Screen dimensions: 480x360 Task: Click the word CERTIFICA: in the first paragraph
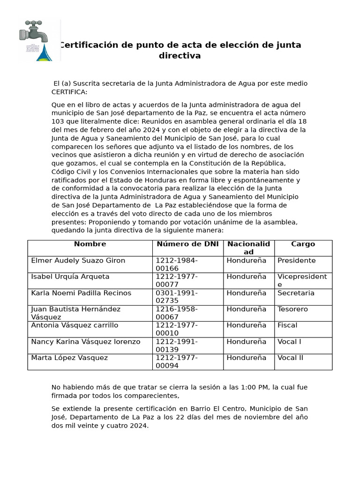(x=69, y=92)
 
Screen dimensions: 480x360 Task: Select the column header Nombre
(x=90, y=244)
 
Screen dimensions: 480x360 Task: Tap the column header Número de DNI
(x=187, y=244)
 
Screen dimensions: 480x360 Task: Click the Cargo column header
(x=303, y=244)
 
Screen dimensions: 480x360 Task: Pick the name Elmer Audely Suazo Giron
(x=78, y=261)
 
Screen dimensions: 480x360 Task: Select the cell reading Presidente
(x=296, y=261)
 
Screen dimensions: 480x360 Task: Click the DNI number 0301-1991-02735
(x=177, y=297)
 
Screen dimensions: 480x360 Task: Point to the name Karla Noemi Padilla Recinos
(x=81, y=293)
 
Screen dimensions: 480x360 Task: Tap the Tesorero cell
(x=292, y=309)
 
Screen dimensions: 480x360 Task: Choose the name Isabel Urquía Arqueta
(x=70, y=277)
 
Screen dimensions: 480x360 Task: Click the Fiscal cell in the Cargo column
(x=287, y=325)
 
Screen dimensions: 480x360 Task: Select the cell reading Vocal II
(x=290, y=358)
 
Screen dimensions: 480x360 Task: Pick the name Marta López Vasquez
(x=69, y=358)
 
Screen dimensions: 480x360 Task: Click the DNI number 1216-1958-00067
(x=177, y=313)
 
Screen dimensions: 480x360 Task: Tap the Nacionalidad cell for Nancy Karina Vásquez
(x=246, y=342)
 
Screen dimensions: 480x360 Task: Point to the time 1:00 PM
(x=255, y=387)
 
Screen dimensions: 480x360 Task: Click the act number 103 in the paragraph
(x=58, y=121)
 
